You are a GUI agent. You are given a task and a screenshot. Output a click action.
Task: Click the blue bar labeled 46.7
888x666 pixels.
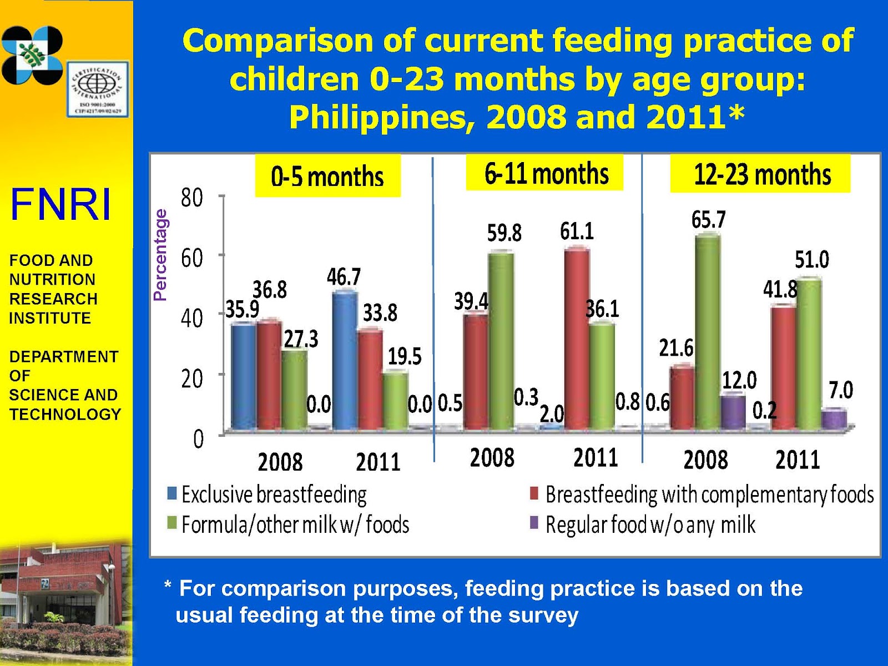(344, 361)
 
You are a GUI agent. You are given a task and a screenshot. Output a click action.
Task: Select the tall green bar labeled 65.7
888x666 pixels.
(708, 333)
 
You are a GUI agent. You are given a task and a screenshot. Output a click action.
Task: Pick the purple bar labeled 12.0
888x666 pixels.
(733, 412)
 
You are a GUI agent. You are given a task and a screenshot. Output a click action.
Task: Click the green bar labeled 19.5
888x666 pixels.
(395, 401)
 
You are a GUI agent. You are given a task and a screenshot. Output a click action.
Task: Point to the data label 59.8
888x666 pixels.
(504, 233)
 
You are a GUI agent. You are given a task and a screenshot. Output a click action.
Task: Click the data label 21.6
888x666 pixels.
(675, 349)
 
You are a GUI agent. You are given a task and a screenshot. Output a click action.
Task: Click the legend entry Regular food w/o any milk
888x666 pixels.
(650, 524)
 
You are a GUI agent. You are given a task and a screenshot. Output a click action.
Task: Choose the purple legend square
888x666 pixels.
(534, 523)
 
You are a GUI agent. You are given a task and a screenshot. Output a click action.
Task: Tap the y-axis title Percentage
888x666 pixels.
(160, 255)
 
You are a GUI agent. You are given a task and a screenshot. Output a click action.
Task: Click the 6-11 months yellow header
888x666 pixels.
(545, 174)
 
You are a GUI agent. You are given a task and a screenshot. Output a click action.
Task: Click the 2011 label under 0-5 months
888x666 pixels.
(377, 462)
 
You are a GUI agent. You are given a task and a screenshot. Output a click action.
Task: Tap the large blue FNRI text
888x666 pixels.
(60, 205)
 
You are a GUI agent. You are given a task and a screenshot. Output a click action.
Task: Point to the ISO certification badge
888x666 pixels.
(99, 88)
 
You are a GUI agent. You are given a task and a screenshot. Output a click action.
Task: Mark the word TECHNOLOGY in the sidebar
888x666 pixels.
(65, 415)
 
